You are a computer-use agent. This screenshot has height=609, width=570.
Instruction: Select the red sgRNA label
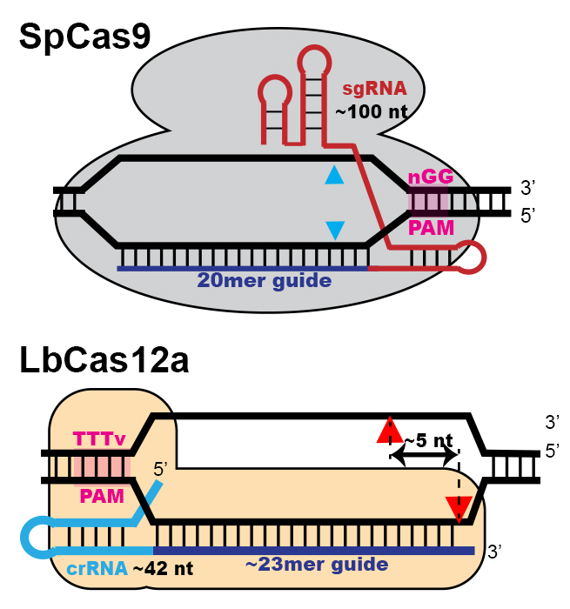[365, 88]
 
